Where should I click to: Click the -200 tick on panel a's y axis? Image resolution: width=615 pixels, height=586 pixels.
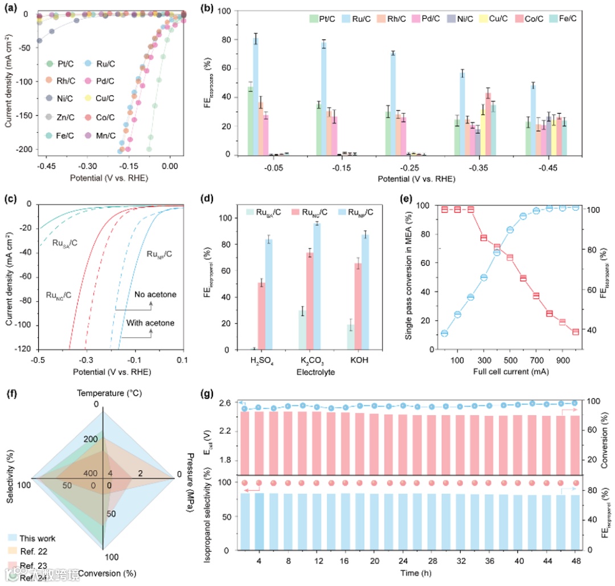click(x=21, y=149)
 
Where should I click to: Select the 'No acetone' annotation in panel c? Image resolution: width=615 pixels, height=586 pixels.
click(x=155, y=294)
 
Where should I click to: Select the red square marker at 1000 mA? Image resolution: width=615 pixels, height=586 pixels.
click(x=576, y=332)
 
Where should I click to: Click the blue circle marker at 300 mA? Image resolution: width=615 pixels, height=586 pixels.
click(x=484, y=277)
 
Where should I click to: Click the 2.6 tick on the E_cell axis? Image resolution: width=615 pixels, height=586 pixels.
click(x=223, y=403)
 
